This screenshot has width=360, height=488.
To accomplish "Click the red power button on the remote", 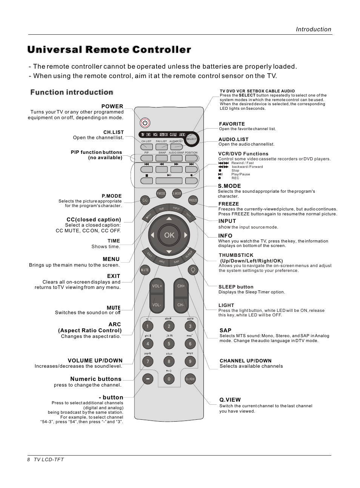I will coord(145,123).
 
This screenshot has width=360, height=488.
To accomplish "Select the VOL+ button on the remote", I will coord(157,286).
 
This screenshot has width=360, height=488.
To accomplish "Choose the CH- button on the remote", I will coord(181,305).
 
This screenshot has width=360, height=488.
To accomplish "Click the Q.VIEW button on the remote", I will coord(190,379).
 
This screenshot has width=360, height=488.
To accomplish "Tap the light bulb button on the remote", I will coord(193,270).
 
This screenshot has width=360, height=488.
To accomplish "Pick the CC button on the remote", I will coord(145,200).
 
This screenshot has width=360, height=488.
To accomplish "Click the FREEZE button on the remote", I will coord(193,200).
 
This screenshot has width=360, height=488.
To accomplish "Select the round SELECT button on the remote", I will coord(191,139).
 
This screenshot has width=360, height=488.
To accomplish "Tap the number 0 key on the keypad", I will coord(169,379).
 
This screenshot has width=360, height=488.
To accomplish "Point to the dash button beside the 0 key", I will coord(148,379).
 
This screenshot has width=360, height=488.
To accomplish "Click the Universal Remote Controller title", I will coord(109,50).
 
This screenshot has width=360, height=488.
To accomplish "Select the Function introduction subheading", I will coord(72,92).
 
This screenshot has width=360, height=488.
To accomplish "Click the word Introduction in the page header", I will coord(313,29).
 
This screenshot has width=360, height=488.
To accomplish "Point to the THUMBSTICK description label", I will coord(236,255).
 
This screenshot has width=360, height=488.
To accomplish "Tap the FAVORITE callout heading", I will coord(232,124).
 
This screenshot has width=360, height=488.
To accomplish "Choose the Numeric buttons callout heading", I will coord(96,379).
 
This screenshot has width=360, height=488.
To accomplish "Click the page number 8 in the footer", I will coord(28,460).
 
